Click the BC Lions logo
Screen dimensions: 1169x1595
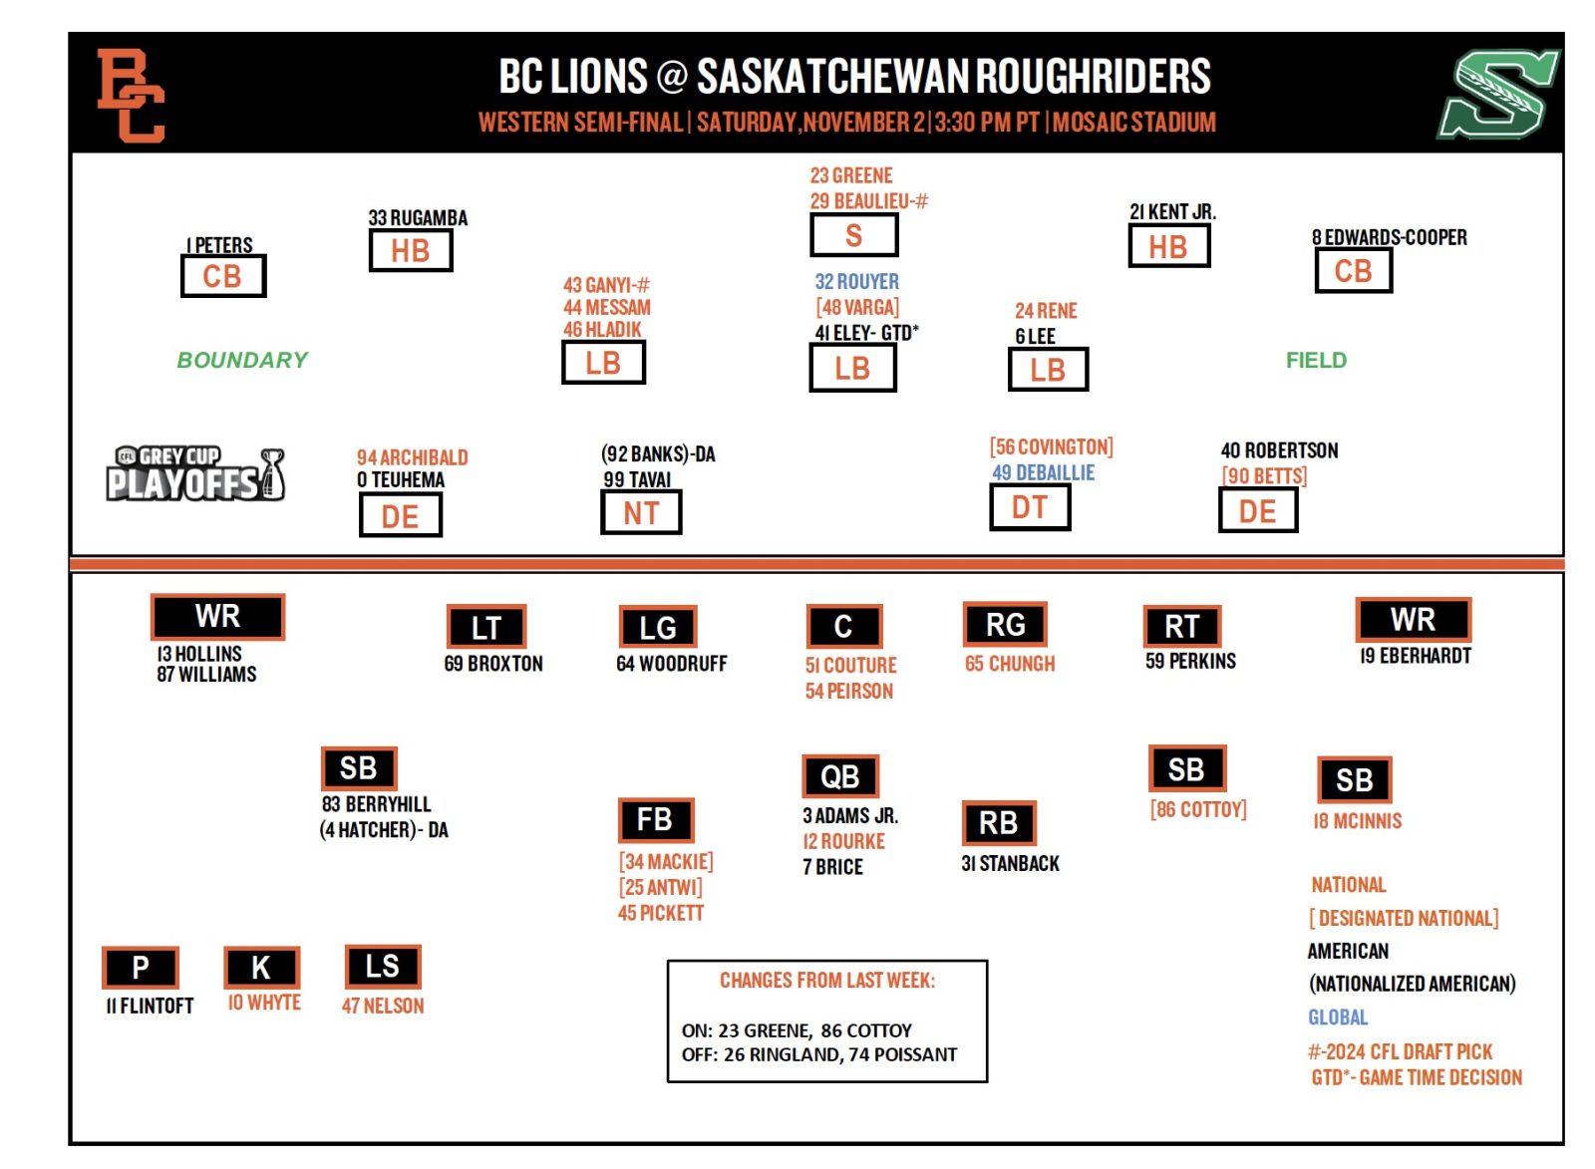tap(130, 96)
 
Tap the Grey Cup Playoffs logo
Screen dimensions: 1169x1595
tap(195, 473)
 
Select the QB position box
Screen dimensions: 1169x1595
tap(840, 776)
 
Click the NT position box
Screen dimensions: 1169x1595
tap(641, 513)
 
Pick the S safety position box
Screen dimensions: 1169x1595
tap(853, 236)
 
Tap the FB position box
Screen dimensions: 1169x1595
tap(655, 820)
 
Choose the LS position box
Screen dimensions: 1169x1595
tap(383, 966)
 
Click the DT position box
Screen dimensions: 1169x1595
tap(1030, 507)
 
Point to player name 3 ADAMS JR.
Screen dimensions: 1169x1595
tap(850, 816)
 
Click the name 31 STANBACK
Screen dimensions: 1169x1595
tap(1010, 864)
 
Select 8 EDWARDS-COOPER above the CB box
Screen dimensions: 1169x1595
tap(1389, 238)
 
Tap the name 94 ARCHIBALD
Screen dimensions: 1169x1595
tap(412, 457)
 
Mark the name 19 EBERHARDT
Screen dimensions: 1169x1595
tap(1415, 656)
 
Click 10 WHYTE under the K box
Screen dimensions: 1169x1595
tap(264, 1003)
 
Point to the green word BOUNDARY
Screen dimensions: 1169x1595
tap(242, 360)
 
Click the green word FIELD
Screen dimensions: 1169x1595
tap(1316, 360)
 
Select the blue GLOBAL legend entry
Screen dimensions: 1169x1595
tap(1338, 1018)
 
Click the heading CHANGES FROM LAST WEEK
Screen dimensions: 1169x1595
tap(827, 981)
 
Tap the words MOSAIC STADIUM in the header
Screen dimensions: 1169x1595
tap(1134, 123)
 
